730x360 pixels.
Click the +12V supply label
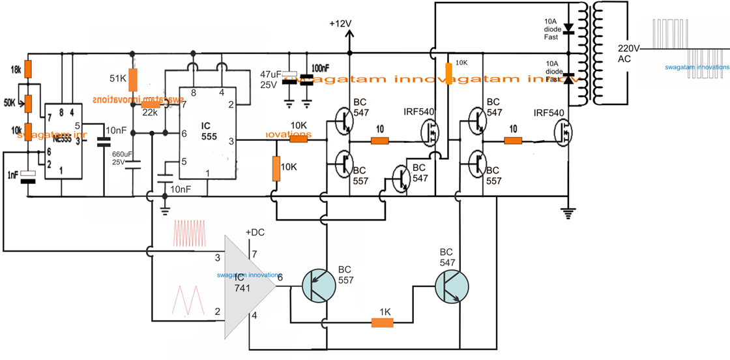coord(340,23)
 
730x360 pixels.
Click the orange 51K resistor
coord(132,79)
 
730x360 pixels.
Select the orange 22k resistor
coord(151,104)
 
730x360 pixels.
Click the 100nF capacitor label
coord(321,68)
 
